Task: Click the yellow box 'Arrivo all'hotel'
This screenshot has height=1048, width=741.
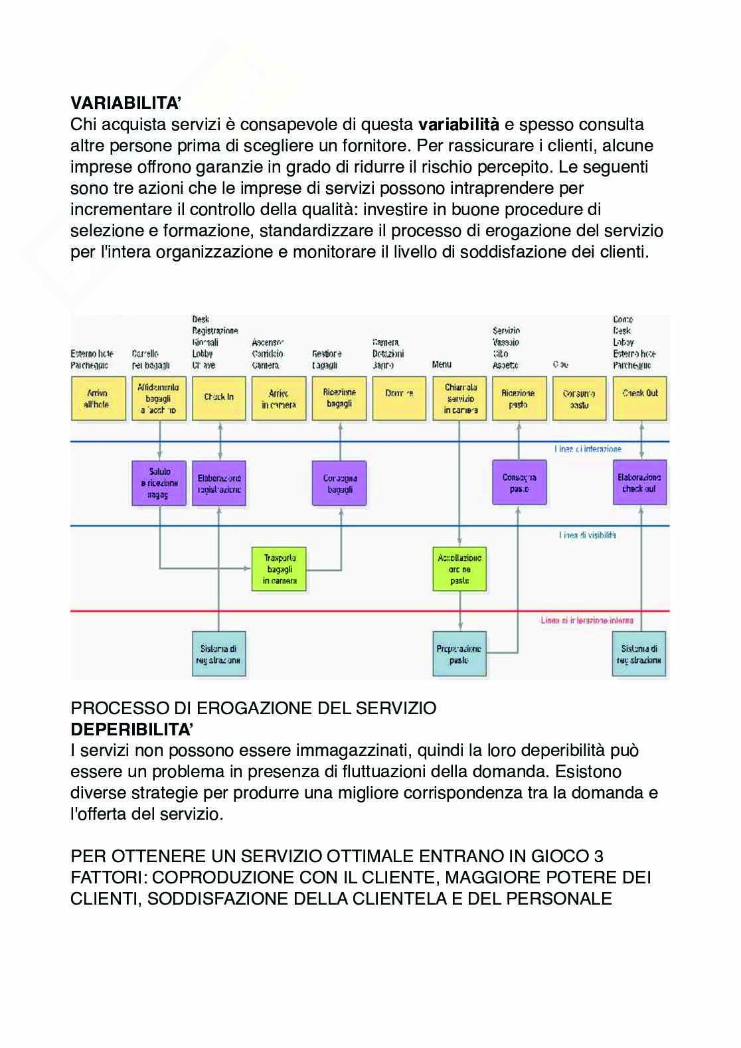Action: click(x=98, y=398)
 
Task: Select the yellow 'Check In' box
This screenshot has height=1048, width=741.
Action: click(x=218, y=398)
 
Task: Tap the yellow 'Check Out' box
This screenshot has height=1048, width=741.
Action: click(x=639, y=398)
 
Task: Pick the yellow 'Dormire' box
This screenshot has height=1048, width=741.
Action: click(x=399, y=398)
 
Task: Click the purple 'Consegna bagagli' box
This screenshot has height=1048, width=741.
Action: click(x=339, y=483)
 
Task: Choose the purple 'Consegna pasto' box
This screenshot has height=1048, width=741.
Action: click(x=519, y=483)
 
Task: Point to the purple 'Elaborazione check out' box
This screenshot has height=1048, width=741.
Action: click(x=639, y=483)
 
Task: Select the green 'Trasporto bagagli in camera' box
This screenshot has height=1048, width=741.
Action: click(x=279, y=569)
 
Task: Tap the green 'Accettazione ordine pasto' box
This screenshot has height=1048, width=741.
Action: click(x=459, y=569)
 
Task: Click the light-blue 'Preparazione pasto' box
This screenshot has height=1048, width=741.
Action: click(x=459, y=654)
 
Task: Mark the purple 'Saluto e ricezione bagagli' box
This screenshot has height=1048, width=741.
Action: click(x=159, y=483)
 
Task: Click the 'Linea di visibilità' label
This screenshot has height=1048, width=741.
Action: click(x=588, y=535)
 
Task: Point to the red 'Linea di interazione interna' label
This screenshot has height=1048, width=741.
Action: click(x=587, y=621)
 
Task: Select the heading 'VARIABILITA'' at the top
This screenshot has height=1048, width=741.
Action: click(x=125, y=104)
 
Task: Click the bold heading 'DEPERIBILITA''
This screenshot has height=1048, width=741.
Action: click(x=132, y=729)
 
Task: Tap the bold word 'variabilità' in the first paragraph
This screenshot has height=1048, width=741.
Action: click(x=458, y=125)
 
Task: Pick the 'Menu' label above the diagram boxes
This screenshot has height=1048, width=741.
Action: click(x=442, y=364)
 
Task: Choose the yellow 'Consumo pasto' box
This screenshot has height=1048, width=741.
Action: click(x=580, y=398)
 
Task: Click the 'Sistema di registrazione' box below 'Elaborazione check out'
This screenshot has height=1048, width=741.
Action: click(x=639, y=654)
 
